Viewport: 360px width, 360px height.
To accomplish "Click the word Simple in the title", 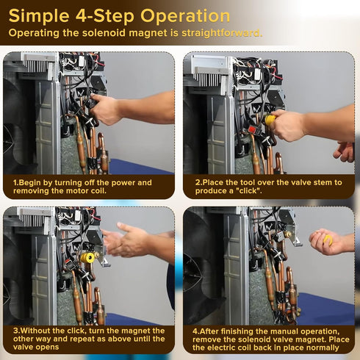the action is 39,16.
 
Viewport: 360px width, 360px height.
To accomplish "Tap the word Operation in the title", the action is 185,16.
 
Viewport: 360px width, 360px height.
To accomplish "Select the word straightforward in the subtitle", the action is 222,33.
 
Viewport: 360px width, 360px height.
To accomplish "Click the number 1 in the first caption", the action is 15,183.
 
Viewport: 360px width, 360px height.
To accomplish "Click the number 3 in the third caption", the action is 15,331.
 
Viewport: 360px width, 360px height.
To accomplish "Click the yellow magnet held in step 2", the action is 270,120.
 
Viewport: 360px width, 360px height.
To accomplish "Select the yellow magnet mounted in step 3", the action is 87,258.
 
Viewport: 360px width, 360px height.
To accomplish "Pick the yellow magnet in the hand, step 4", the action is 328,240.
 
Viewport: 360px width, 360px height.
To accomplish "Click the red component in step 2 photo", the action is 252,130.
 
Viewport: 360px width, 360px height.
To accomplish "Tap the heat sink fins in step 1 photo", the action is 37,66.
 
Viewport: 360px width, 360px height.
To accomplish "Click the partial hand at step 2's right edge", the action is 345,151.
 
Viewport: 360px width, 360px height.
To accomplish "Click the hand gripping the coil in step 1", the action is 105,109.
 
